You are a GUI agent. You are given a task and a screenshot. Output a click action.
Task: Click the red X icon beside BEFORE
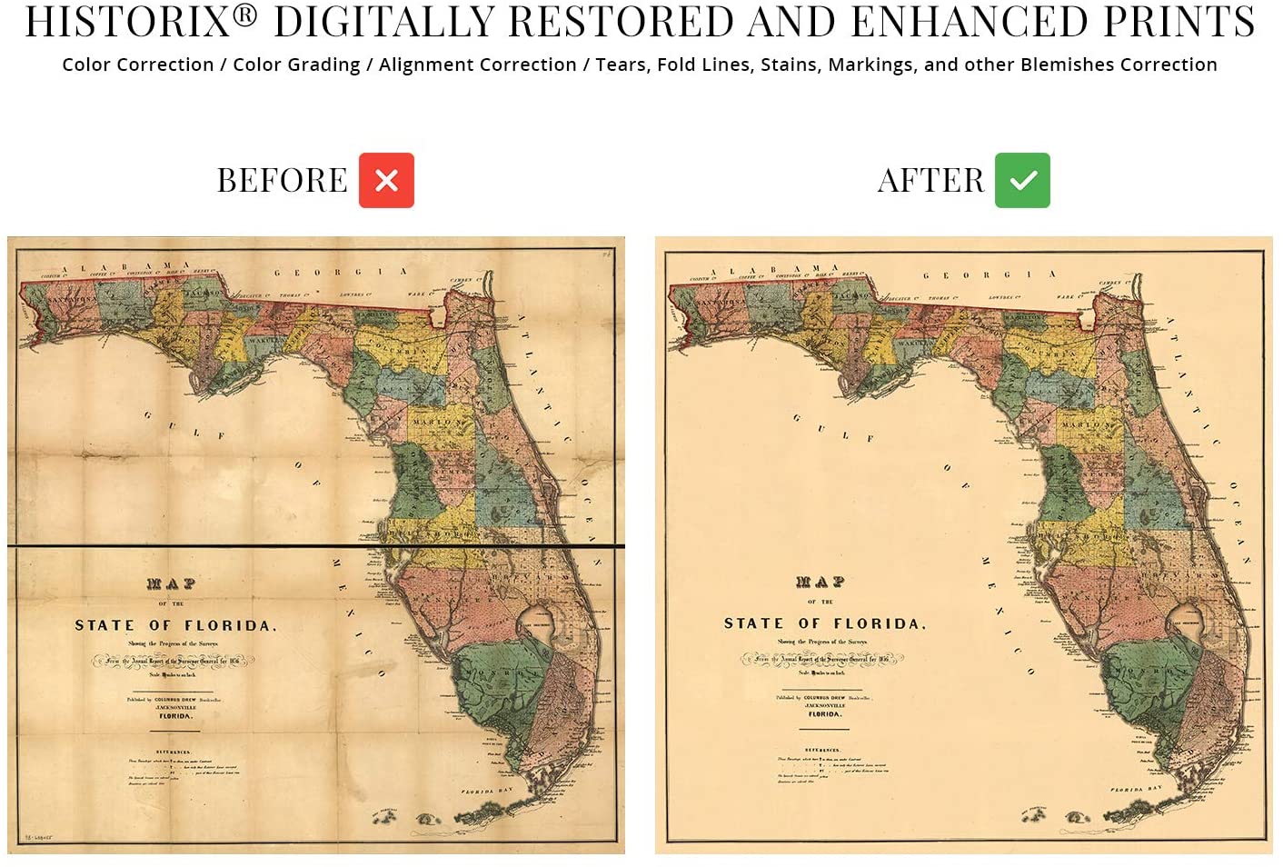coord(386,180)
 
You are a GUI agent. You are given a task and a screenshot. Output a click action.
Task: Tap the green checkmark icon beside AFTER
coord(1022,180)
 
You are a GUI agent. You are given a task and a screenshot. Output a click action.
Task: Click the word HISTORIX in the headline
coord(128,22)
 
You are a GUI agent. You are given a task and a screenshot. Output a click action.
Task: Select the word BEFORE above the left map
coord(282,180)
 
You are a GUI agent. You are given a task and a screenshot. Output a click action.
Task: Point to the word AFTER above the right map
coord(930,180)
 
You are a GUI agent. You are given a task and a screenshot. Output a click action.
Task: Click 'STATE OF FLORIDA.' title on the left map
coord(175,625)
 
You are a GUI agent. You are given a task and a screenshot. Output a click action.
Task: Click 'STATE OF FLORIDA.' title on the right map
coord(824,623)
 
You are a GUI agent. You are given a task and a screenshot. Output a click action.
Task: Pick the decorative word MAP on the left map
coord(172,583)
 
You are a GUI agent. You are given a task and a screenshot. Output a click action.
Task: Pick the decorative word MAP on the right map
coord(821,582)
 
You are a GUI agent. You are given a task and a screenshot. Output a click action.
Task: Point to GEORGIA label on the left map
coord(341,272)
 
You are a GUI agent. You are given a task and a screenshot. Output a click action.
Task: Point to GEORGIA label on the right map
coord(990,274)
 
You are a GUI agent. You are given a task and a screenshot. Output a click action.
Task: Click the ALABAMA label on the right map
coord(775,270)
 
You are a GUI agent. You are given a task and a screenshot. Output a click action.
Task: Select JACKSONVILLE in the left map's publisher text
coord(175,706)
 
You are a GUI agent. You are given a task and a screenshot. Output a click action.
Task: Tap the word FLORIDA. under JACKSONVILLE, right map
coord(824,714)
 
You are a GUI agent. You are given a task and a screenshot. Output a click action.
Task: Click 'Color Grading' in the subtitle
coord(296,65)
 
